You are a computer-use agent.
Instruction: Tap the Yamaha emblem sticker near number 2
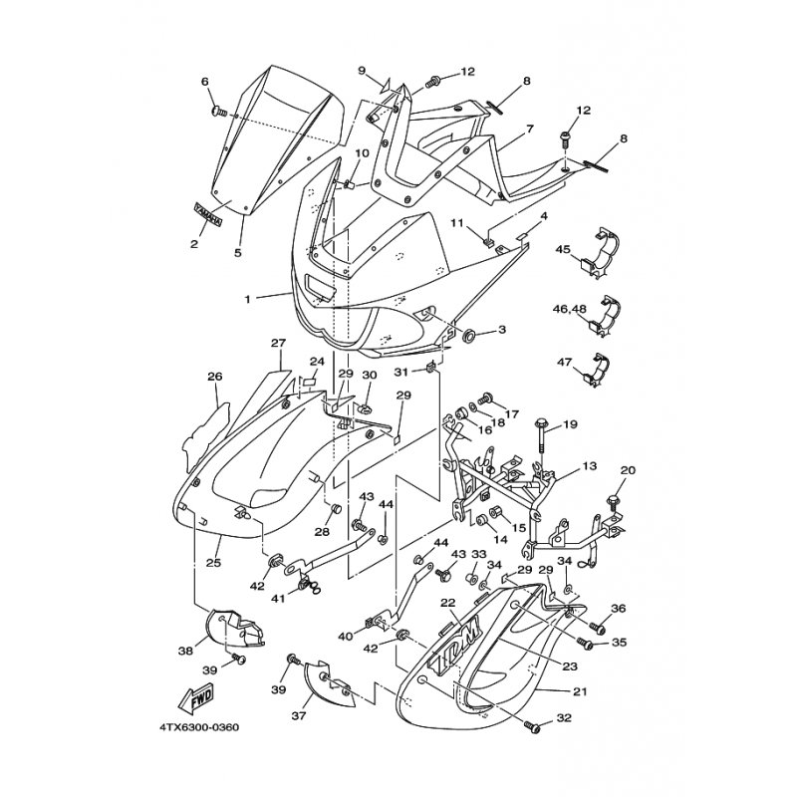pyautogui.click(x=207, y=212)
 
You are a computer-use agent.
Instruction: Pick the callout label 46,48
pyautogui.click(x=570, y=310)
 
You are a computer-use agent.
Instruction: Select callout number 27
pyautogui.click(x=278, y=343)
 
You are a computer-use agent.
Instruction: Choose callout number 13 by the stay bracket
pyautogui.click(x=590, y=465)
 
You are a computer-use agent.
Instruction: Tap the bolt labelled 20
pyautogui.click(x=615, y=491)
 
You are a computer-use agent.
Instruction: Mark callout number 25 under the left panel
pyautogui.click(x=213, y=563)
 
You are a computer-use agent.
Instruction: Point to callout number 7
pyautogui.click(x=530, y=130)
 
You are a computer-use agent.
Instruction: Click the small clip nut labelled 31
pyautogui.click(x=430, y=370)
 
